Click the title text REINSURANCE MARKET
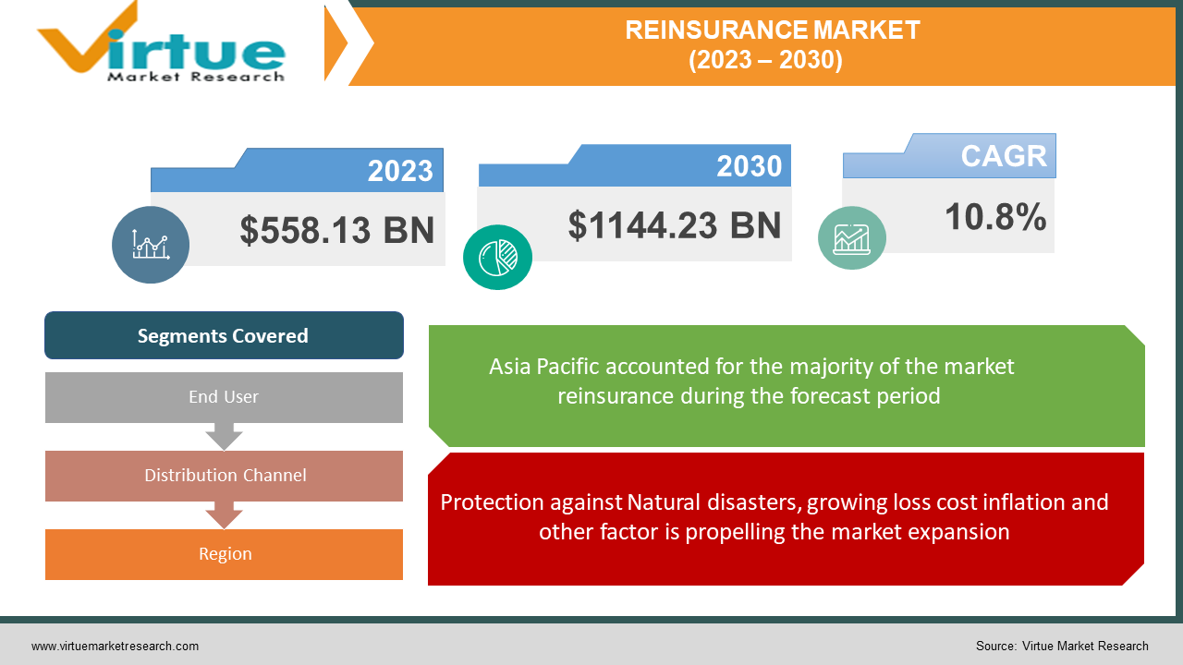coord(773,30)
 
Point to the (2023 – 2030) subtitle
coord(765,60)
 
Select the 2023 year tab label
coord(400,171)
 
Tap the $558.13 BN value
coord(337,230)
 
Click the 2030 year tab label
coord(749,166)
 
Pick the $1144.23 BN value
coord(675,225)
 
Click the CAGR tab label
coord(1004,156)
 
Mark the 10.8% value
coord(995,218)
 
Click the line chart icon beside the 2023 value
coord(151,245)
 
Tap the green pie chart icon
coord(497,256)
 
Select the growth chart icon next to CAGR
coord(851,238)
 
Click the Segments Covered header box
coord(224,335)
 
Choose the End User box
coord(224,397)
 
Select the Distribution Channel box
coord(224,476)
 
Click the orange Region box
coord(224,554)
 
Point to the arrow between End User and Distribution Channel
coord(224,436)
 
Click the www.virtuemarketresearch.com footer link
coord(115,647)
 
